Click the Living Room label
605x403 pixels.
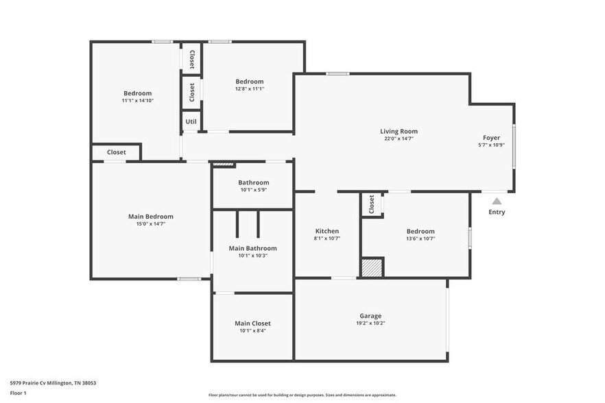399,131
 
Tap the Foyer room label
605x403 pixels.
491,138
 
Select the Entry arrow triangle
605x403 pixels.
497,201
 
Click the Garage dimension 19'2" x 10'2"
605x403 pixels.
370,323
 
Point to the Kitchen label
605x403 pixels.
327,231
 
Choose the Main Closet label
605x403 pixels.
252,323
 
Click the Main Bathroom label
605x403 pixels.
252,248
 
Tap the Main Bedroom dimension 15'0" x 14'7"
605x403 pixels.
150,223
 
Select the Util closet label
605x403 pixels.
191,121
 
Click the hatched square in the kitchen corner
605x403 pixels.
372,267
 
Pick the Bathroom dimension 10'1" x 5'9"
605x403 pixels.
253,190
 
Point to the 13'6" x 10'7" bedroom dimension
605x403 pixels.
420,239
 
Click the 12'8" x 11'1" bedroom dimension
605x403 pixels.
250,88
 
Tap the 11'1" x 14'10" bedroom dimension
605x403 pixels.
137,100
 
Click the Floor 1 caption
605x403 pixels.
18,393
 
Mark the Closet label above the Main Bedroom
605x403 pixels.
116,152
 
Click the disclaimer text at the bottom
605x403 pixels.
302,395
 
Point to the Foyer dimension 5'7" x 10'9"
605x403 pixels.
491,145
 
